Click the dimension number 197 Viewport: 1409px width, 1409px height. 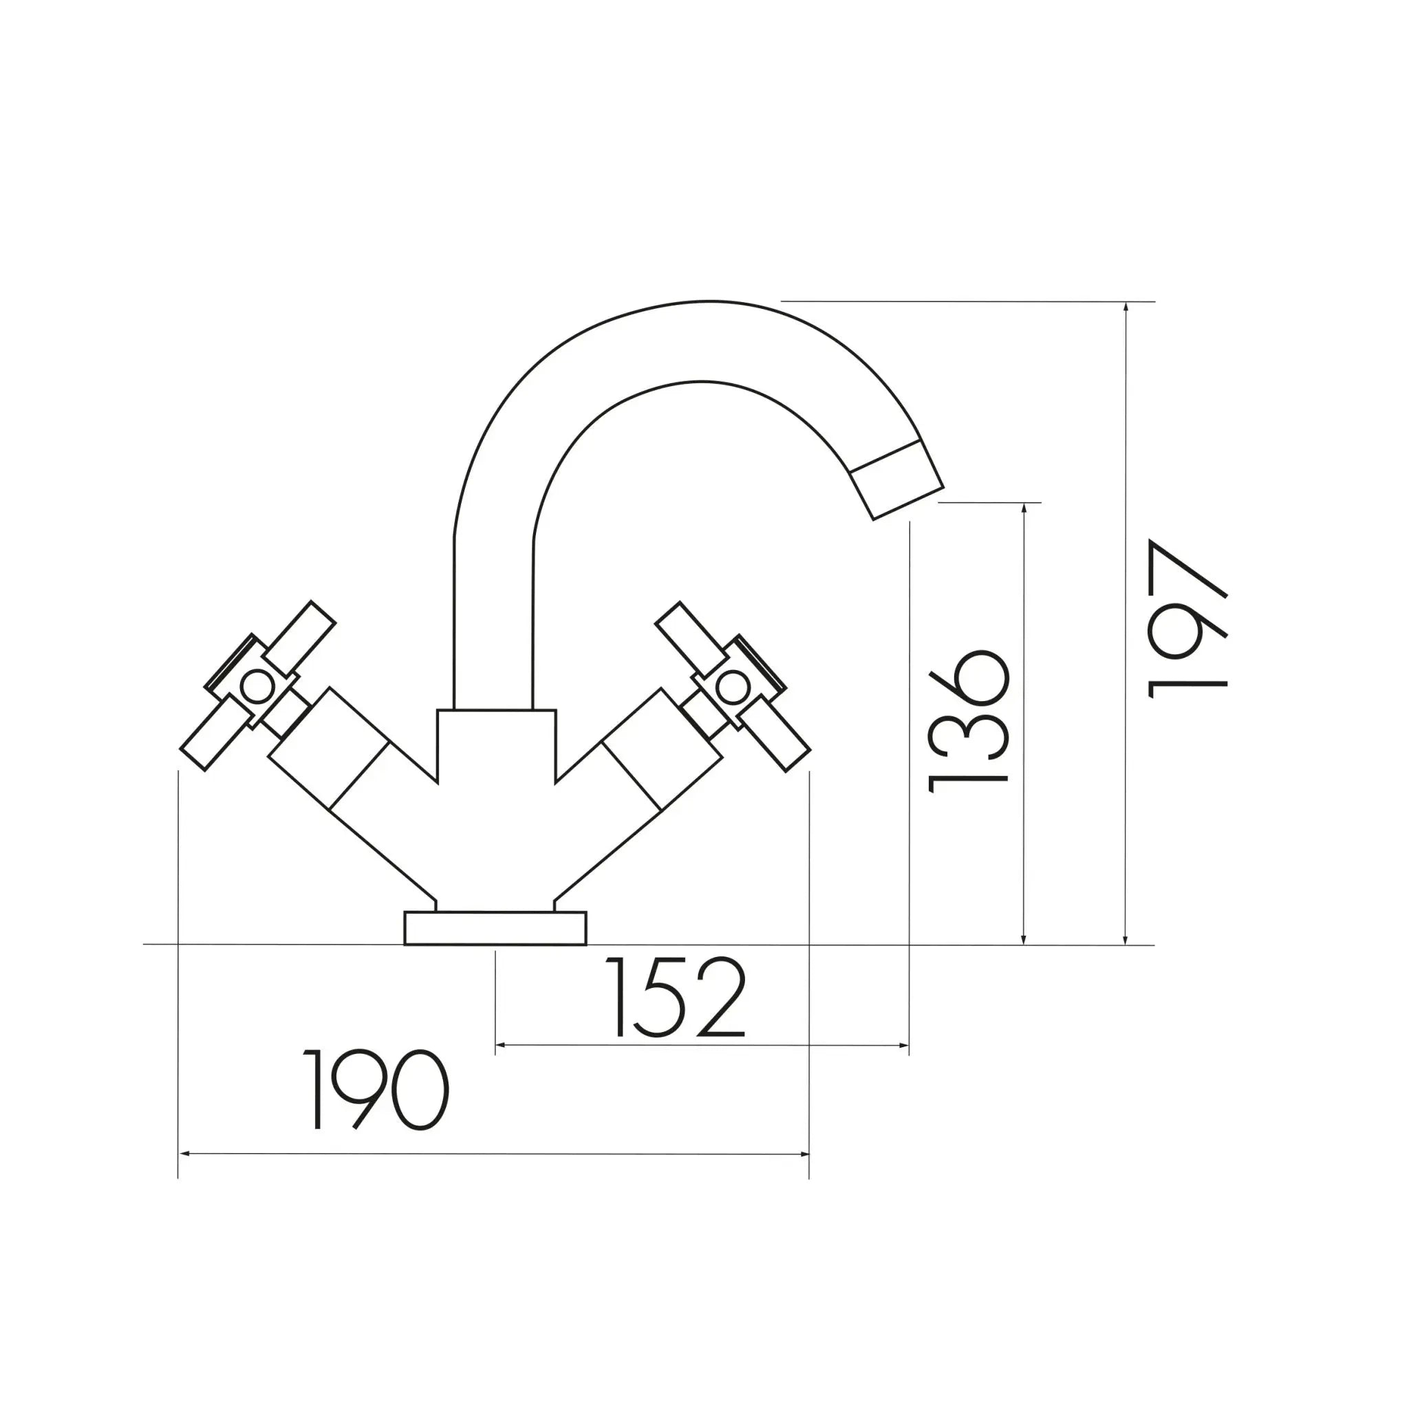pos(1187,619)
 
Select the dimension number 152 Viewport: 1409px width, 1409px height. pos(676,997)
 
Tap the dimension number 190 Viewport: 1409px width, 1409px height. pos(375,1090)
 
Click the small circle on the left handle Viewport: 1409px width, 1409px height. pos(257,686)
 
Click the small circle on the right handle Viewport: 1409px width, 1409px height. pos(732,686)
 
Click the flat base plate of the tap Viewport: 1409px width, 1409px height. pos(495,928)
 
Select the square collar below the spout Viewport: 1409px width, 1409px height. pos(497,744)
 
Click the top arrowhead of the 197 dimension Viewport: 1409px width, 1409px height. pos(1126,307)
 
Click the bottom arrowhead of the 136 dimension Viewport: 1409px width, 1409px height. pos(1024,940)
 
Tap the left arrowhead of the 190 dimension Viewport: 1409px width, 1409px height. pos(184,1154)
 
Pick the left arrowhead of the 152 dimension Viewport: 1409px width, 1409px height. pos(500,1046)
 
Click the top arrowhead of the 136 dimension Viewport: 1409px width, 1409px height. pos(1024,508)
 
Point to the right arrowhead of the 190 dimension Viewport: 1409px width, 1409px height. pos(804,1154)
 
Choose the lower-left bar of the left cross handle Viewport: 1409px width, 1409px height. pos(216,732)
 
